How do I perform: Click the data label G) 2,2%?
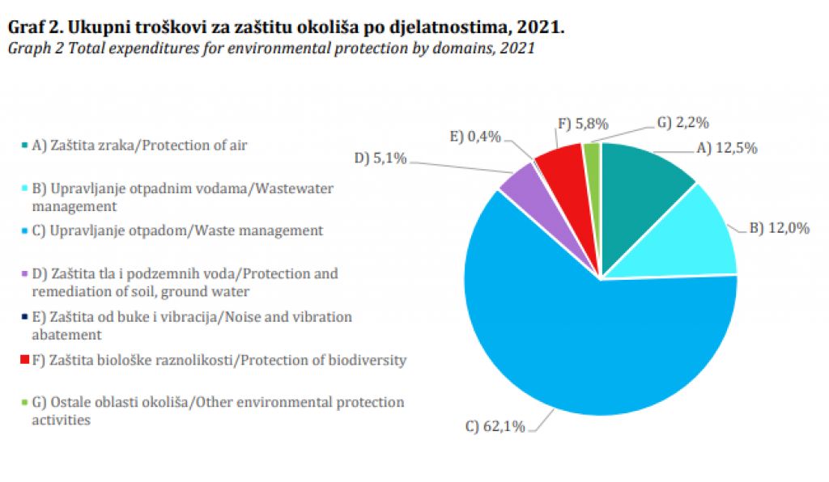[x=682, y=123]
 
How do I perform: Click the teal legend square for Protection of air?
[x=26, y=146]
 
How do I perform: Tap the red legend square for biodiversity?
[x=26, y=360]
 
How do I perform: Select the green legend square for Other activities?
[x=26, y=403]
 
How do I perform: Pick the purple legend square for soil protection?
[x=26, y=274]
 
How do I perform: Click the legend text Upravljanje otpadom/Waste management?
[x=186, y=230]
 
